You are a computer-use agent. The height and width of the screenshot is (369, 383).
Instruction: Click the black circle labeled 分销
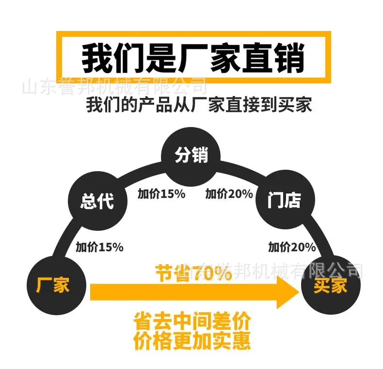point(191,157)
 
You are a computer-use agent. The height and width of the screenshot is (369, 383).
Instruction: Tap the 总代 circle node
point(98,201)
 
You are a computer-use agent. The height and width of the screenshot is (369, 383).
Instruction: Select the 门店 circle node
point(285,200)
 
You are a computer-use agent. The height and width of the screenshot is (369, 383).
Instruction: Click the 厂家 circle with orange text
point(56,285)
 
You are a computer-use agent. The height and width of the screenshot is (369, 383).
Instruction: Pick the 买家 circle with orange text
point(331,285)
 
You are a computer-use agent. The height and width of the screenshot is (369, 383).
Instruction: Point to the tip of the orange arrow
point(299,292)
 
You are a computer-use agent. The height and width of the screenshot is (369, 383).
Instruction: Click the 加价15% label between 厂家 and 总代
point(100,247)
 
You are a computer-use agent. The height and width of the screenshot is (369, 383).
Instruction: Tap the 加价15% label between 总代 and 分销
point(162,194)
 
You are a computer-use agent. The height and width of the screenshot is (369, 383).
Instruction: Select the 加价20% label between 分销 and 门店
point(229,194)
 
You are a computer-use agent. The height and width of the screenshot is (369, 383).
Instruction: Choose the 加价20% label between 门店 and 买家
point(292,247)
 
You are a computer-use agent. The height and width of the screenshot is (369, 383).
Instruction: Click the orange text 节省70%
point(193,273)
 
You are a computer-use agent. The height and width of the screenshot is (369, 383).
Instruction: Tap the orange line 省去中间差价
point(192,321)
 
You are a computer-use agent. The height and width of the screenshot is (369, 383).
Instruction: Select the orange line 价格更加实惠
point(192,340)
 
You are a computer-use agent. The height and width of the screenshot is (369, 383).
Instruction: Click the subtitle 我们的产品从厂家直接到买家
point(199,105)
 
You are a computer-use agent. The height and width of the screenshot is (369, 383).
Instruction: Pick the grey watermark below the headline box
point(114,86)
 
